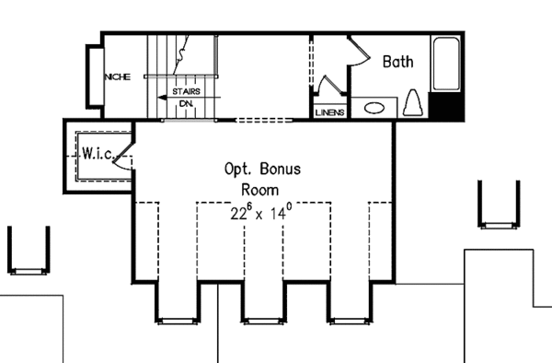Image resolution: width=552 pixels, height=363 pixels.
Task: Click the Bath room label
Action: [398, 63]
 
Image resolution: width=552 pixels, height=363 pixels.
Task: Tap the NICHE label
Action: [118, 77]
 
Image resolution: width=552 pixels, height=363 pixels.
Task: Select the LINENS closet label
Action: [330, 112]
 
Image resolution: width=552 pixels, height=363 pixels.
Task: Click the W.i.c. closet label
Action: [97, 153]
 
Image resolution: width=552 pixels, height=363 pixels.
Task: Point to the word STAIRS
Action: [188, 93]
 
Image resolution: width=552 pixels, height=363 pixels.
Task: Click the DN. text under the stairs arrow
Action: [186, 105]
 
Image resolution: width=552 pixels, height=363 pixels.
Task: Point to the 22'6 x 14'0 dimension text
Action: [262, 213]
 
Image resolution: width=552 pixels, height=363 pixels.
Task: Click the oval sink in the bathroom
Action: [374, 108]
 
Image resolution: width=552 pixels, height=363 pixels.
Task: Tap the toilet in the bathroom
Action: [413, 104]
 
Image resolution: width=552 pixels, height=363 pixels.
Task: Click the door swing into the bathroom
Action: [353, 55]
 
